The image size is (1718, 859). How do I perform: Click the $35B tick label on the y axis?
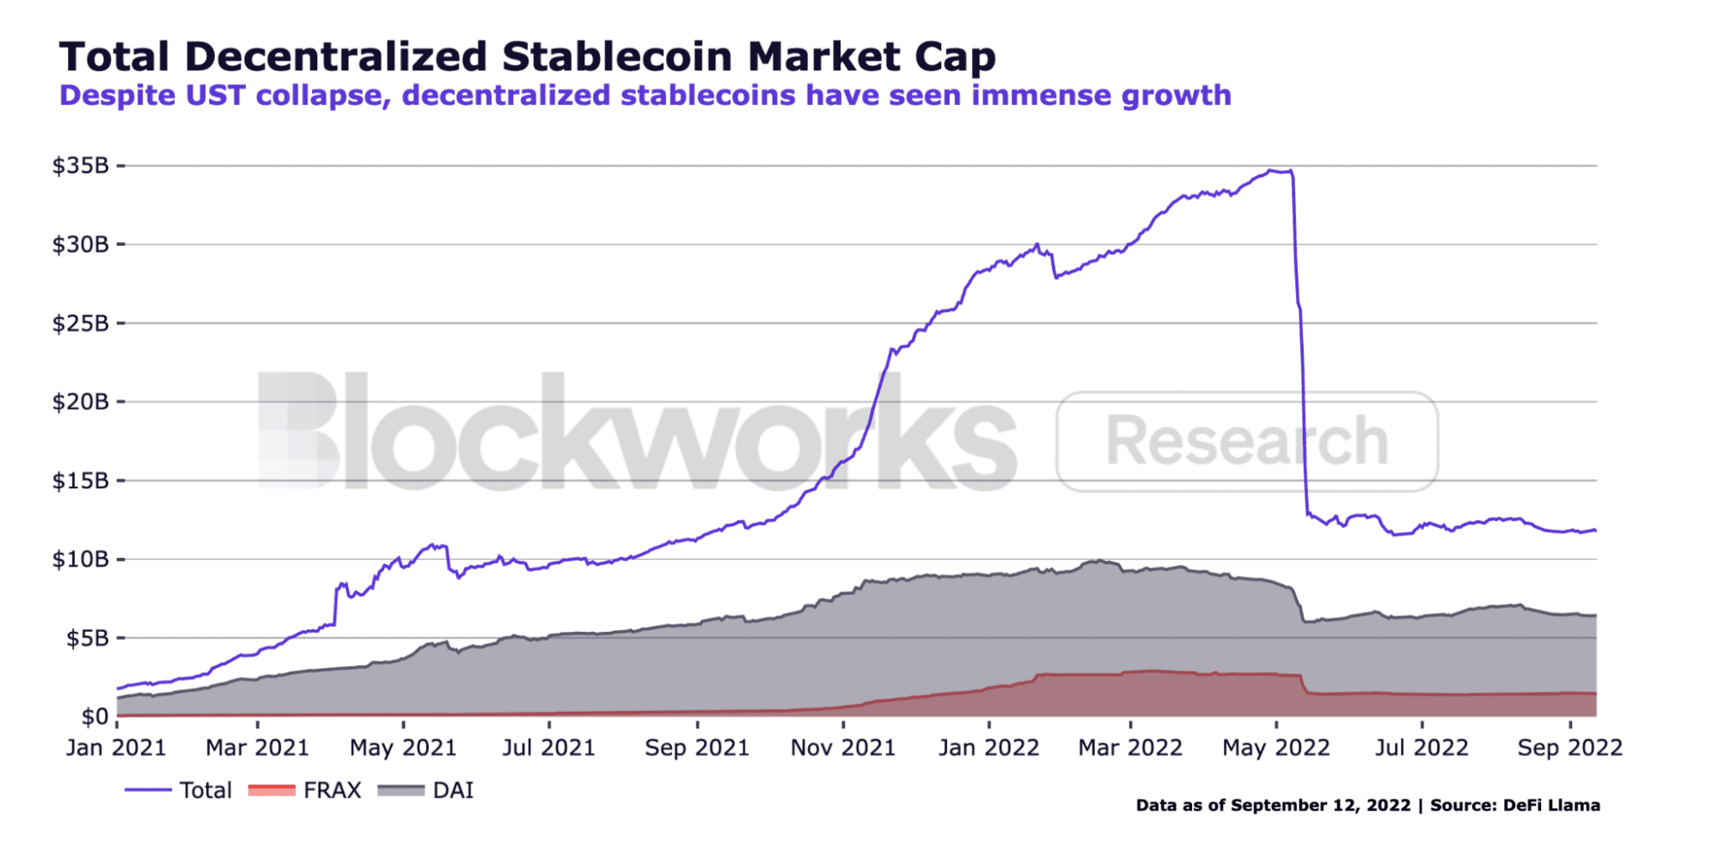pyautogui.click(x=80, y=165)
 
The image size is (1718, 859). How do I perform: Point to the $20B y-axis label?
pyautogui.click(x=80, y=402)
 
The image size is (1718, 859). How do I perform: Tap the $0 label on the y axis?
pyautogui.click(x=95, y=716)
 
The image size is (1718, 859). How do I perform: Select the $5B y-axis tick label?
pyautogui.click(x=88, y=638)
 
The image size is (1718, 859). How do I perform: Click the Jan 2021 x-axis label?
pyautogui.click(x=116, y=747)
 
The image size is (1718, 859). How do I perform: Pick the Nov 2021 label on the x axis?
pyautogui.click(x=843, y=747)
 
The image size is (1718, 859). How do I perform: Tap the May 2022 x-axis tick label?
pyautogui.click(x=1276, y=747)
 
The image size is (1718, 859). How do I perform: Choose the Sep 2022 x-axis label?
pyautogui.click(x=1570, y=747)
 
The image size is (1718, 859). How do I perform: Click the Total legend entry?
pyautogui.click(x=178, y=790)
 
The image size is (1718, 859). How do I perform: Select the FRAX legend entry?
pyautogui.click(x=304, y=790)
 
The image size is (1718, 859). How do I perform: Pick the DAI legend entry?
pyautogui.click(x=425, y=790)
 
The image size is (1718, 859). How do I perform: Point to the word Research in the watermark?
pyautogui.click(x=1246, y=441)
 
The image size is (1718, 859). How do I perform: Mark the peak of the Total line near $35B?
pyautogui.click(x=1270, y=170)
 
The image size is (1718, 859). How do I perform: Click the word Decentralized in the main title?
pyautogui.click(x=336, y=57)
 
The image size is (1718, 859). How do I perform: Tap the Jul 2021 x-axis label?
pyautogui.click(x=548, y=747)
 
